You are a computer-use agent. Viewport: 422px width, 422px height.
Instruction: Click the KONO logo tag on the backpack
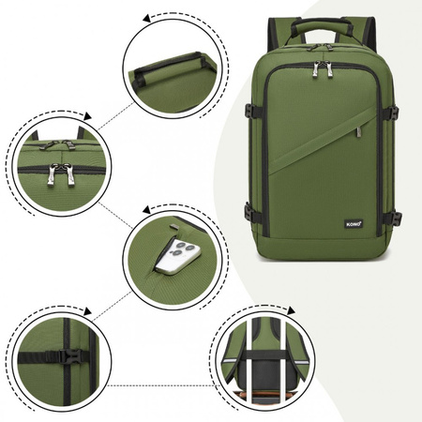click(x=354, y=224)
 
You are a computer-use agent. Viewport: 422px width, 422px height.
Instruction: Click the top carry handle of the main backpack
click(x=322, y=25)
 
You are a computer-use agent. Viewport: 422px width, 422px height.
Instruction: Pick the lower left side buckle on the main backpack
click(x=249, y=212)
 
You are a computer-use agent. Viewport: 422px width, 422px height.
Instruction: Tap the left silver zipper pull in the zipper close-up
click(x=52, y=174)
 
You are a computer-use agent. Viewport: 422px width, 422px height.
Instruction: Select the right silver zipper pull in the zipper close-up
click(x=70, y=174)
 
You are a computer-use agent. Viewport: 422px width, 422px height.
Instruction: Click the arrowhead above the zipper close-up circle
click(x=87, y=116)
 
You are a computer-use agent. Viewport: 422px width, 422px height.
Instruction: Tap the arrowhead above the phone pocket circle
click(x=147, y=209)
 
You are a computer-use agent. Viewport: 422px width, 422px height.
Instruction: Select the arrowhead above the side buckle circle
click(x=87, y=311)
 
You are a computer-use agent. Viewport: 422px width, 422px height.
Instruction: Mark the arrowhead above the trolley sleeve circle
click(x=291, y=310)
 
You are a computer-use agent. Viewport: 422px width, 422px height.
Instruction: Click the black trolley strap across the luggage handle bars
click(x=264, y=354)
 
